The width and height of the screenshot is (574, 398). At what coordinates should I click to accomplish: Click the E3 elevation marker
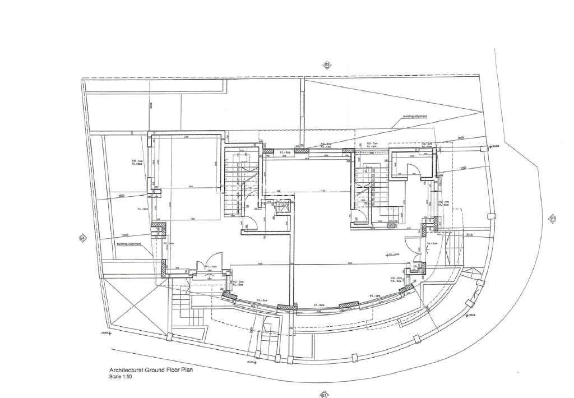(x=327, y=66)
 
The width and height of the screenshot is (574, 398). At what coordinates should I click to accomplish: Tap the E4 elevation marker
(x=82, y=238)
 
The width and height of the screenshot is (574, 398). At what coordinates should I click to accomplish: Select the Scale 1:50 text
(x=121, y=377)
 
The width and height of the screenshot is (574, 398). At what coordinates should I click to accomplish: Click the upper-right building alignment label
(x=415, y=117)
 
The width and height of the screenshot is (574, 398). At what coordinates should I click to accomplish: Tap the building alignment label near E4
(x=128, y=244)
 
